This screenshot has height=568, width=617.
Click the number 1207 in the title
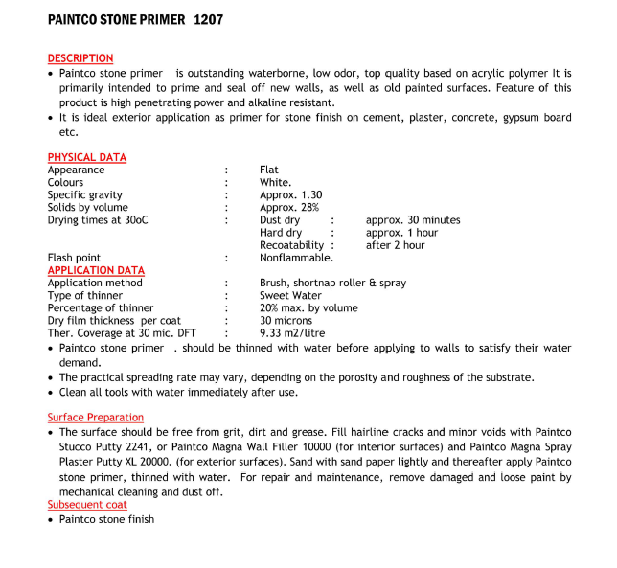(208, 19)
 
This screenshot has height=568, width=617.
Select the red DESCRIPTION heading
(80, 58)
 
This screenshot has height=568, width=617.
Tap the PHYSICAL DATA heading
(87, 157)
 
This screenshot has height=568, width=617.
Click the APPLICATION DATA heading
(96, 270)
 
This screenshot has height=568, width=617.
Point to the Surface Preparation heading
(96, 418)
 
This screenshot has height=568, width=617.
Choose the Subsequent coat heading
(87, 505)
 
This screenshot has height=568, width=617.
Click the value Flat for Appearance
(269, 170)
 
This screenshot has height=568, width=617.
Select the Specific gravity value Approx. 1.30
(290, 194)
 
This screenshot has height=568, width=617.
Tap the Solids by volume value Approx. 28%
(288, 207)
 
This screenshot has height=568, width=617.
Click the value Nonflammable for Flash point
(296, 258)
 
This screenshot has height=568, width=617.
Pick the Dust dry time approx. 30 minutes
(413, 220)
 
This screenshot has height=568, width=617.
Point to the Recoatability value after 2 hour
(395, 245)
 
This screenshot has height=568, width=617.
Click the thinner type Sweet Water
(290, 296)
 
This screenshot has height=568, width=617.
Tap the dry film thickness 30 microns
(286, 321)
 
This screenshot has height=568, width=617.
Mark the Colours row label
(66, 182)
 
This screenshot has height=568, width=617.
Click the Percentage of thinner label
(101, 308)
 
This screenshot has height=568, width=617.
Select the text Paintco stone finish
(106, 519)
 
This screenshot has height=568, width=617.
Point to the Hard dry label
(281, 233)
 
